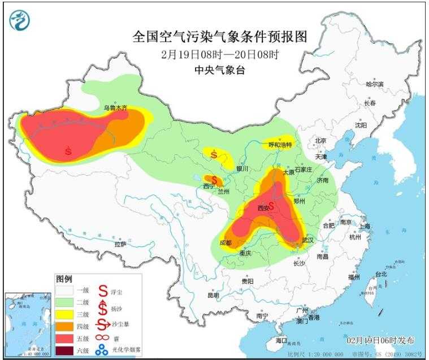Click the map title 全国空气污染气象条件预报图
[220, 37]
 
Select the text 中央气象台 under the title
[220, 70]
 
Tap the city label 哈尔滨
[374, 84]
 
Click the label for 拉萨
[120, 244]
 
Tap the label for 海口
[281, 341]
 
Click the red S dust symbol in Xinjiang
[68, 151]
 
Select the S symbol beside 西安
[272, 206]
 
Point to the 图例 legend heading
[64, 279]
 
